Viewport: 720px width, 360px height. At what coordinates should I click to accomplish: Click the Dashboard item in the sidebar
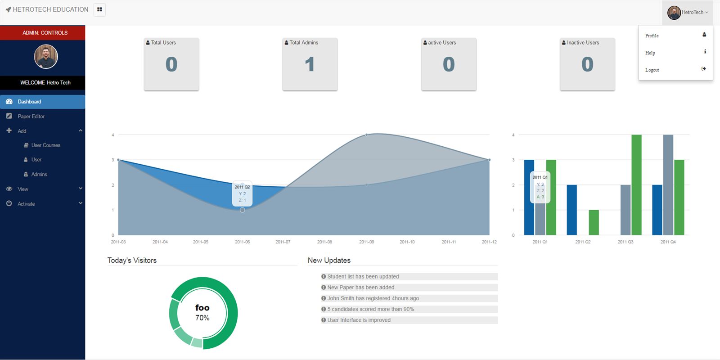[x=29, y=102]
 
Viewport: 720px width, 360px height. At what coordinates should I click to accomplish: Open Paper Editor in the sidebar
[x=31, y=117]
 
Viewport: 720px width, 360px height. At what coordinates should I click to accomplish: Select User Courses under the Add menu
[x=45, y=145]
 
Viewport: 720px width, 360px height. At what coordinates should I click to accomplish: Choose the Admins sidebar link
[x=39, y=175]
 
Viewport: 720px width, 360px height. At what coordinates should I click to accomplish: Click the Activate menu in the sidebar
[x=26, y=204]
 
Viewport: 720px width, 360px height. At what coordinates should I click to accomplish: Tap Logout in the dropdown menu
[x=652, y=70]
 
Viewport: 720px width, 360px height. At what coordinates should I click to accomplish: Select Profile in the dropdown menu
[x=652, y=36]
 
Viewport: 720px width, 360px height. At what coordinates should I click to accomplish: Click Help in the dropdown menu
[x=650, y=53]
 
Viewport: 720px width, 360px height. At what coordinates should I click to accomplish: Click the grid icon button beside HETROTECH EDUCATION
[x=99, y=9]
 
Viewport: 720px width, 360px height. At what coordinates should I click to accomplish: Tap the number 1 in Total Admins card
[x=310, y=64]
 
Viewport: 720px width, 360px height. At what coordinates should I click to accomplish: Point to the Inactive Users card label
[x=583, y=43]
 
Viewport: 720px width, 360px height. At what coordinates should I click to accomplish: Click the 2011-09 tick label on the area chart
[x=366, y=242]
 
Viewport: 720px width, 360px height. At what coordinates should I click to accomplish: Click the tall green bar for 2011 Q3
[x=636, y=184]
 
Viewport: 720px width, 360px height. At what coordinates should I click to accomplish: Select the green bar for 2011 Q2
[x=594, y=222]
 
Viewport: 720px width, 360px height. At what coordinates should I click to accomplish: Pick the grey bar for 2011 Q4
[x=668, y=184]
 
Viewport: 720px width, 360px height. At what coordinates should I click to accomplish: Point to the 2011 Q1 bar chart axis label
[x=540, y=242]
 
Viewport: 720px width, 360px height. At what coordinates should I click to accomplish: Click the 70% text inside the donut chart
[x=202, y=318]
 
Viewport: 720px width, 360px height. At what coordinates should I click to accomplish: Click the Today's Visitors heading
[x=132, y=261]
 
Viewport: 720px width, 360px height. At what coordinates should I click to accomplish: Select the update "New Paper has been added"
[x=361, y=288]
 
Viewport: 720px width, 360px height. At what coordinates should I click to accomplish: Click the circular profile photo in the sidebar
[x=46, y=57]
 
